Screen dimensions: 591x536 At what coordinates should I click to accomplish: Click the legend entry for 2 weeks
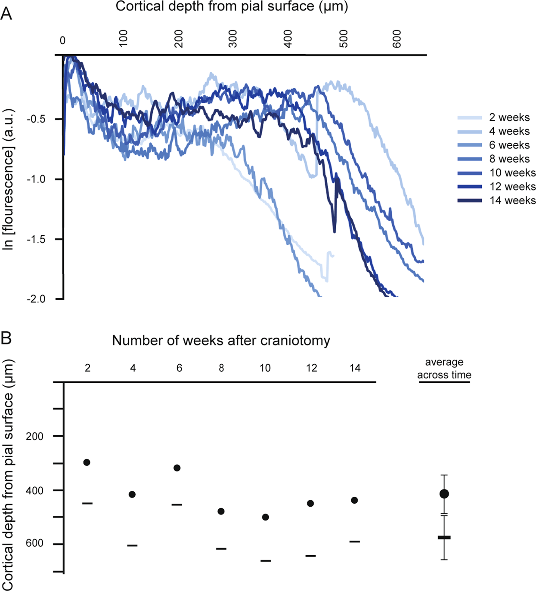tap(494, 117)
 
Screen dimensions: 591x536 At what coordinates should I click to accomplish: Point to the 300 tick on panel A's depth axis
tap(233, 39)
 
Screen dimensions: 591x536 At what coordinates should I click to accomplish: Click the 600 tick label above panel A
tap(397, 39)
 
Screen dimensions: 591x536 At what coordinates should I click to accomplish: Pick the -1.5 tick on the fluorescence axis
tap(36, 239)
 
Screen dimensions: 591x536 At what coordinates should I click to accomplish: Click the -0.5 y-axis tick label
tap(36, 119)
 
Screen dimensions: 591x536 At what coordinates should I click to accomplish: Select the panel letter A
tap(6, 14)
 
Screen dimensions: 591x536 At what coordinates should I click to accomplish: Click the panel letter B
tap(6, 339)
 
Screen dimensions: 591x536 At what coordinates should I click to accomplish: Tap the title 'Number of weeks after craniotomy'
tap(221, 341)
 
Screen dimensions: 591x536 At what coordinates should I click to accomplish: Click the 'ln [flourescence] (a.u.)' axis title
tap(8, 179)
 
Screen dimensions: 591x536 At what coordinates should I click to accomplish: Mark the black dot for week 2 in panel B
tap(87, 462)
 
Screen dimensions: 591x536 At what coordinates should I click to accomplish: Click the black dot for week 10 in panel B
tap(266, 517)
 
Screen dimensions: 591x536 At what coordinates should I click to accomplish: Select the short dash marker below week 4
tap(132, 545)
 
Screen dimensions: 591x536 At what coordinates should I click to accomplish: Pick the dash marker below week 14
tap(355, 541)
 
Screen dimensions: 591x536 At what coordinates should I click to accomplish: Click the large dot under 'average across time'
tap(444, 494)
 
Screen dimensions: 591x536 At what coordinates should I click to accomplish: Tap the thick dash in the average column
tap(444, 537)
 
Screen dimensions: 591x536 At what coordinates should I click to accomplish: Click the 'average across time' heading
tap(444, 369)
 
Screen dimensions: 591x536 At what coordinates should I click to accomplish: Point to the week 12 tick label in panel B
tap(311, 368)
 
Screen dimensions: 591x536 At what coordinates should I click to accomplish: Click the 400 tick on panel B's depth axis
tap(34, 491)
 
